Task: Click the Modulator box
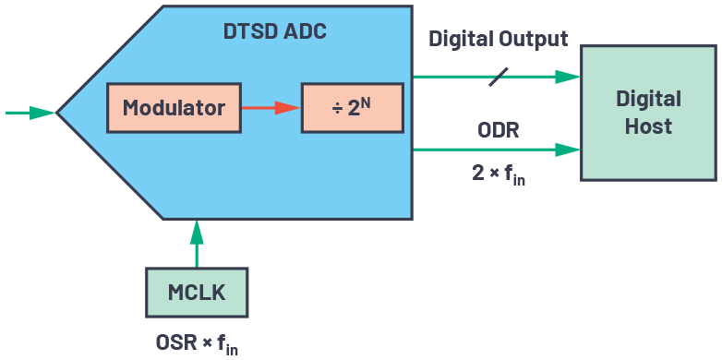(174, 108)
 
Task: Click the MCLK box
(197, 293)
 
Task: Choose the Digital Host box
(648, 112)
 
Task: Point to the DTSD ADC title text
(275, 31)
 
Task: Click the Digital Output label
(498, 40)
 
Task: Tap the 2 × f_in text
(499, 173)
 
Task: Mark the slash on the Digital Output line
(498, 77)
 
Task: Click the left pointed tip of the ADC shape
(59, 113)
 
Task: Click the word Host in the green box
(648, 126)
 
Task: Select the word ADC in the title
(306, 31)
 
